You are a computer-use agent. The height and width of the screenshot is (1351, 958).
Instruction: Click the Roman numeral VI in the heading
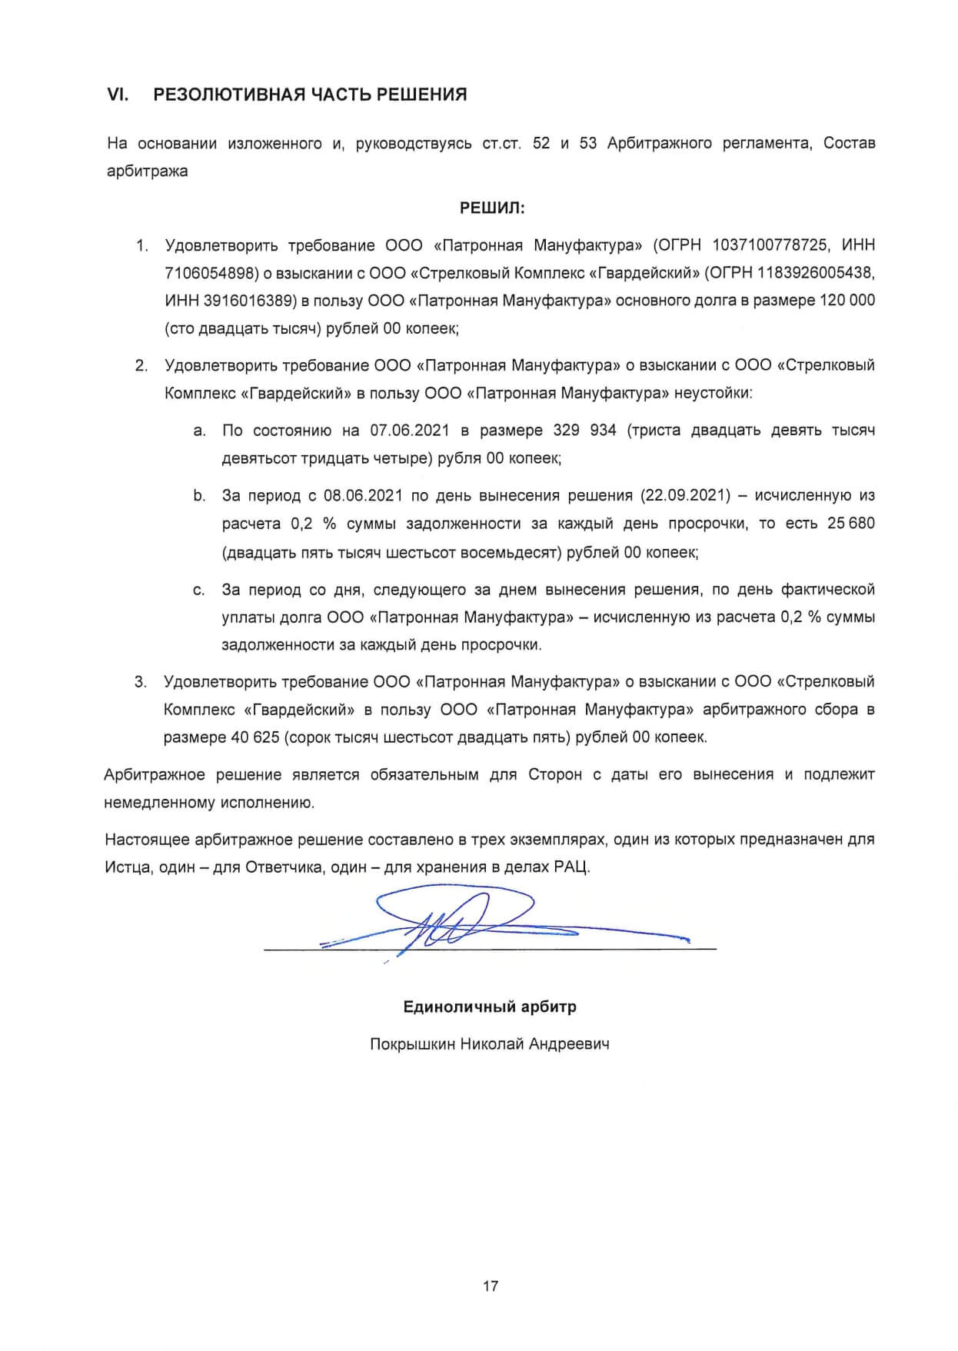click(x=117, y=95)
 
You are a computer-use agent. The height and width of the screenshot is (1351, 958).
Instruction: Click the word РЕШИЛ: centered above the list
click(x=492, y=208)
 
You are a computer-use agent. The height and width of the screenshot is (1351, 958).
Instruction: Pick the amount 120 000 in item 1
click(x=847, y=301)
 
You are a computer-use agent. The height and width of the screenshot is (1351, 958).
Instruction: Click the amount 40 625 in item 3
click(x=254, y=737)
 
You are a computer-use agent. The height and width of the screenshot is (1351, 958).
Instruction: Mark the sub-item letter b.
click(x=199, y=496)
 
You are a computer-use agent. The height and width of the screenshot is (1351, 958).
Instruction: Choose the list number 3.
click(x=140, y=682)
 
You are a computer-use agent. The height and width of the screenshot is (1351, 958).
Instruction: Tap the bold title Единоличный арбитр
click(x=490, y=1007)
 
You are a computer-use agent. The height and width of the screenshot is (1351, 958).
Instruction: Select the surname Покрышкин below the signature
click(x=411, y=1044)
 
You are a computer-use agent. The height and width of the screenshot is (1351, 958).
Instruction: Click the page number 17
click(x=491, y=1286)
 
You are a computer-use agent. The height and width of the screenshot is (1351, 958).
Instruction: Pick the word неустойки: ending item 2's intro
click(x=713, y=394)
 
